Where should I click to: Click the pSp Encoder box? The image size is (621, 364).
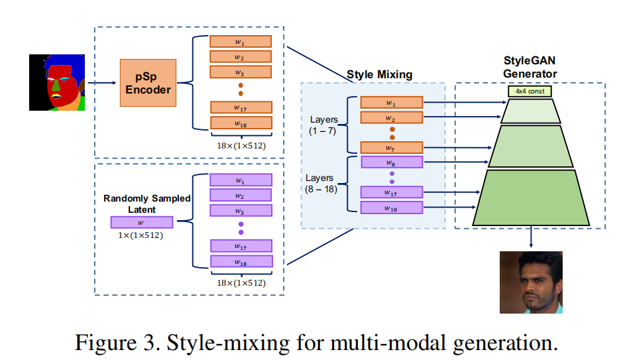(148, 82)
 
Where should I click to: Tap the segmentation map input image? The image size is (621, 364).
(56, 82)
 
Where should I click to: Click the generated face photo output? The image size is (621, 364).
(531, 282)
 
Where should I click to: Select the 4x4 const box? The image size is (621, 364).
(530, 91)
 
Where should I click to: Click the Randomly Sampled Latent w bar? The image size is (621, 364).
(141, 223)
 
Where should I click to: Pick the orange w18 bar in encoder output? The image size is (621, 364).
(241, 123)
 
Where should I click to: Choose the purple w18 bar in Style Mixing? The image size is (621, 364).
(392, 208)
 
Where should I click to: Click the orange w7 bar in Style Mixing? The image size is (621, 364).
(392, 147)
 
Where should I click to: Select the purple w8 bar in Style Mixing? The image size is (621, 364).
(392, 162)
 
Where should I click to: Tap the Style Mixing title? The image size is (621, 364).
(379, 75)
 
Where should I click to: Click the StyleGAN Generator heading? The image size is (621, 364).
(530, 68)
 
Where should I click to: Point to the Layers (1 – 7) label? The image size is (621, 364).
(323, 125)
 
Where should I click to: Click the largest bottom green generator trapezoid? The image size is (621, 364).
(531, 198)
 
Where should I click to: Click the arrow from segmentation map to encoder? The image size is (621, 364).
(101, 83)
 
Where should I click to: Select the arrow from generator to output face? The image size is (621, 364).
(531, 239)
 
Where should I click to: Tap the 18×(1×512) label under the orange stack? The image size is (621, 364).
(241, 145)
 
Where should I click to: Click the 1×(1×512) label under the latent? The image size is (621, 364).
(141, 235)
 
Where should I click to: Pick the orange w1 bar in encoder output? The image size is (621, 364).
(241, 41)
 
